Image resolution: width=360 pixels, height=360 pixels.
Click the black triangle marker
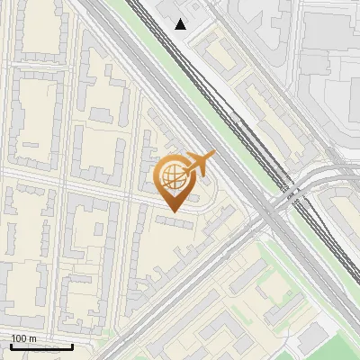tap(181, 24)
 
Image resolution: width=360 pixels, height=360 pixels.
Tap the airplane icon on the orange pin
tap(198, 164)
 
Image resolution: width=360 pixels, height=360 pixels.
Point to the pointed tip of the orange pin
tap(174, 212)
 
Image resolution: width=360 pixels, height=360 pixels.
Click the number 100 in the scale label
tap(19, 338)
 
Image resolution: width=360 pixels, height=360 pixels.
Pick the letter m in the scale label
tap(33, 338)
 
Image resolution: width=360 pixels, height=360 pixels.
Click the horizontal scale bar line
tap(41, 346)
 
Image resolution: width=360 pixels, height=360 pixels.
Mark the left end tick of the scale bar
tap(11, 345)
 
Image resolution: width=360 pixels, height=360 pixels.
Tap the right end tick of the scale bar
tap(72, 345)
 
